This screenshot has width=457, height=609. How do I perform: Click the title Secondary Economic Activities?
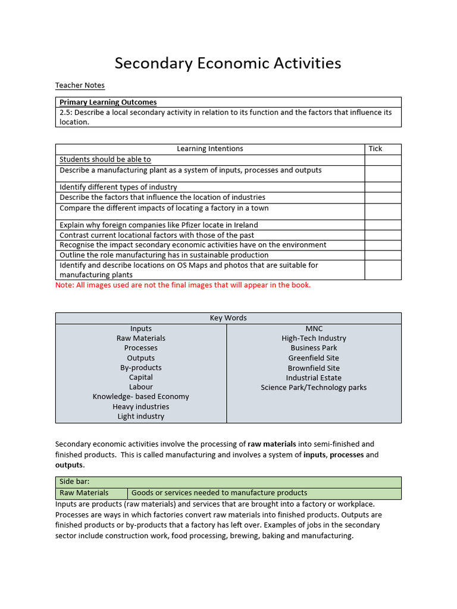(228, 63)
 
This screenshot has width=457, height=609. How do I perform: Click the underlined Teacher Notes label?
(80, 86)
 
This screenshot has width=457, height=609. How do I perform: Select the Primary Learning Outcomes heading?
(108, 102)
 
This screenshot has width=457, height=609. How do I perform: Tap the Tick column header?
(375, 149)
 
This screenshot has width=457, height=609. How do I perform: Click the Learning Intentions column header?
(210, 149)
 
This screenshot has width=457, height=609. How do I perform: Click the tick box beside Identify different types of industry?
(383, 187)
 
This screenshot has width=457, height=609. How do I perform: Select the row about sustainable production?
(164, 255)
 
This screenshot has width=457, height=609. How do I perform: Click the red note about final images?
(183, 285)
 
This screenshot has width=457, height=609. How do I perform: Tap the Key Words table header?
(228, 318)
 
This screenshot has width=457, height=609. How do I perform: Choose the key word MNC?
(314, 329)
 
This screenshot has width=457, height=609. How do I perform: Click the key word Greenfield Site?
(314, 358)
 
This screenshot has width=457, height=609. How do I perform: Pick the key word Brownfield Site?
(314, 368)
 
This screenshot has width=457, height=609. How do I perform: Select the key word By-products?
(141, 368)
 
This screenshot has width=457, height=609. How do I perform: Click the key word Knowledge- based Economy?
(141, 397)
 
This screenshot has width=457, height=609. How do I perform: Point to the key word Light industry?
(141, 416)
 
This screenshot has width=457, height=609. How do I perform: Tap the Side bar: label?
(74, 482)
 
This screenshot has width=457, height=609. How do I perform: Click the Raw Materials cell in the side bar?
(84, 493)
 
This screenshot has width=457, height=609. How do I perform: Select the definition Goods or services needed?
(219, 493)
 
